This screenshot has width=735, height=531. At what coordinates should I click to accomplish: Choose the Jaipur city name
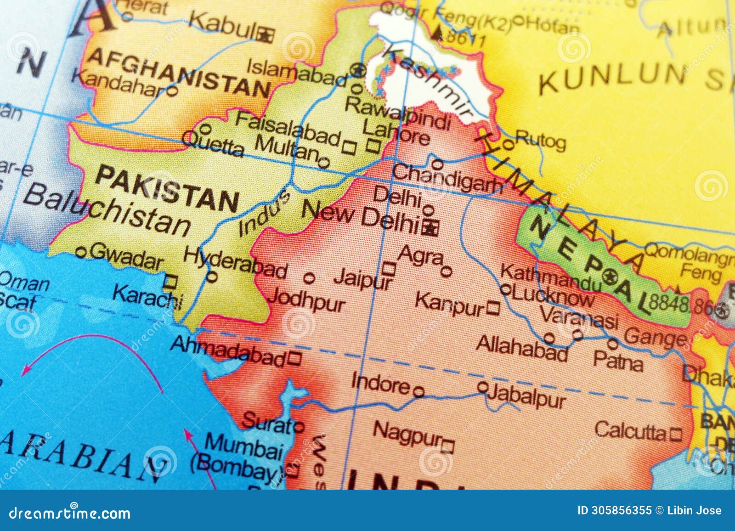363,278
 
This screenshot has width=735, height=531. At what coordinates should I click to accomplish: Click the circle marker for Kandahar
171,91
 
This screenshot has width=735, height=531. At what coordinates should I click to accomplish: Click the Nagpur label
407,433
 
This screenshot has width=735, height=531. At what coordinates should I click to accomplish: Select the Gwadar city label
126,257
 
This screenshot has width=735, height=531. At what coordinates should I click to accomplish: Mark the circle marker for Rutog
508,145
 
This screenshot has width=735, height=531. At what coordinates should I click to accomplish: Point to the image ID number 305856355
621,510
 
